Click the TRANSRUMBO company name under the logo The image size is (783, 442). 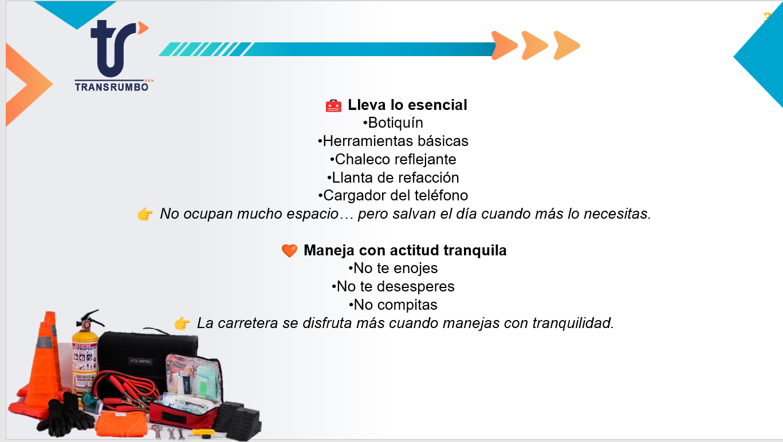pos(112,87)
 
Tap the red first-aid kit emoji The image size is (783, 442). pos(333,105)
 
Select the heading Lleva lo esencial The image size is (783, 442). pos(407,105)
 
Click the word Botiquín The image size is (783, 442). pos(395,123)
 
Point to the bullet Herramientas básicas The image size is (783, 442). pos(393,141)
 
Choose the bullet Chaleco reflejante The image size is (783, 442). pos(393,159)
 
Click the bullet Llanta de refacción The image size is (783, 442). pos(393,177)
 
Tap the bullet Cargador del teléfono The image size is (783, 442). pos(393,196)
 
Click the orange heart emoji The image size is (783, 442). pos(289,251)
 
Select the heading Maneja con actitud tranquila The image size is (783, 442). pos(405,250)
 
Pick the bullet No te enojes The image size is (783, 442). pos(393,269)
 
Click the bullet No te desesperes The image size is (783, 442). pos(393,286)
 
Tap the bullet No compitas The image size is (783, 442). pos(393,305)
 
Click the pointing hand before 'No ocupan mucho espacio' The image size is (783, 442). pos(145,214)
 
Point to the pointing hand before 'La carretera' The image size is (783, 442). pos(182,323)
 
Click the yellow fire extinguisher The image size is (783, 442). pos(85,360)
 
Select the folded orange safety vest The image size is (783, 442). pos(121,424)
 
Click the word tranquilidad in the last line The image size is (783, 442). pos(573,323)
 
